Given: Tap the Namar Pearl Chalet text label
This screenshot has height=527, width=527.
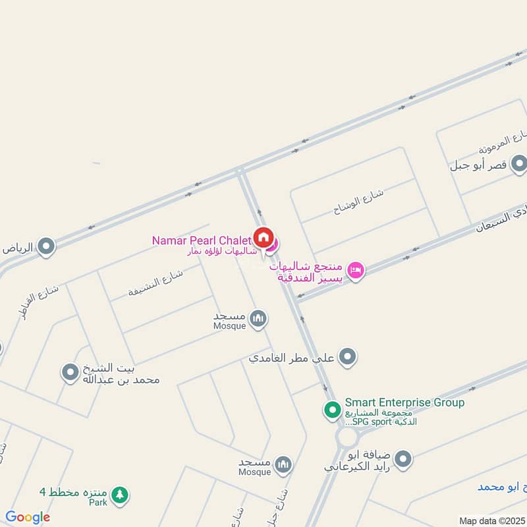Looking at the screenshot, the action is pos(202,240).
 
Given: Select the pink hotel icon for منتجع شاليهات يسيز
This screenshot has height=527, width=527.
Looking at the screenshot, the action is pos(356,270).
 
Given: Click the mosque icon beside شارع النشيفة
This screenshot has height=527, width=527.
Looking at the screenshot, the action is pos(258,319).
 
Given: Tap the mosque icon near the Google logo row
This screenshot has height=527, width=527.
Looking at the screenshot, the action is pos(283,465).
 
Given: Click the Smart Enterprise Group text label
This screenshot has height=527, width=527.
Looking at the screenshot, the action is pos(404,402).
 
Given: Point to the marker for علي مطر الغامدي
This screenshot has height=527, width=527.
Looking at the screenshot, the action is pos(348,358).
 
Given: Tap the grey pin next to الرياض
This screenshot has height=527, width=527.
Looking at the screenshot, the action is pos(46,247).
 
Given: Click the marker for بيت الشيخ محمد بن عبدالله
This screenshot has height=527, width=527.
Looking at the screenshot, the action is pos(70,373).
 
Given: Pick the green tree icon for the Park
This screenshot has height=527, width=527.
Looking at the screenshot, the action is pos(119,494).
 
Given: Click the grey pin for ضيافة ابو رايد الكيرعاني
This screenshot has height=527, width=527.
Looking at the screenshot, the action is pos(403,459).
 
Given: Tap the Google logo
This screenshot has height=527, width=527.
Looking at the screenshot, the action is pos(28,517).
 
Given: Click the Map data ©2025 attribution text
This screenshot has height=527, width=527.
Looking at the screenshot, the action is pos(491,520).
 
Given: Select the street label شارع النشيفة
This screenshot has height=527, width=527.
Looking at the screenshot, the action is pos(155,282).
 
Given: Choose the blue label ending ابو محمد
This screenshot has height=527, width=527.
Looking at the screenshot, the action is pos(502,487).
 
